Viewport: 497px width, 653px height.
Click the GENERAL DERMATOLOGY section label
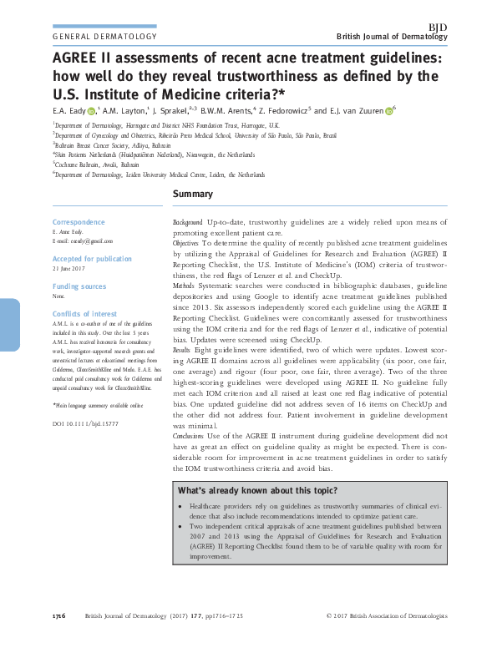(104, 38)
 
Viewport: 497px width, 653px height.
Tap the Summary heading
(192, 195)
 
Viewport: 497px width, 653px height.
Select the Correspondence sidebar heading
(79, 223)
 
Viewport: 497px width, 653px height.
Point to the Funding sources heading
(79, 286)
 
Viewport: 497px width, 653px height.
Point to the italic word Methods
(185, 286)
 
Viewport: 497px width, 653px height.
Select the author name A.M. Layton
(124, 110)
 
